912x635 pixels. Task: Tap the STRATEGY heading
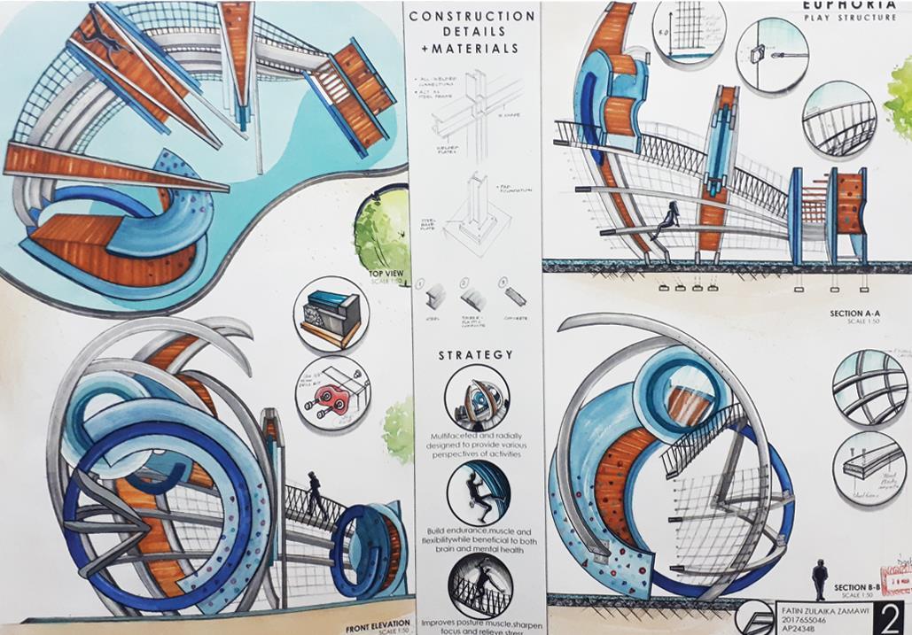[475, 355]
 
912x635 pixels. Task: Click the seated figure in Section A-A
[670, 216]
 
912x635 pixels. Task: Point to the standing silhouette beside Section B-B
[820, 578]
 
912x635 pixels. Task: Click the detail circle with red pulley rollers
[333, 395]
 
